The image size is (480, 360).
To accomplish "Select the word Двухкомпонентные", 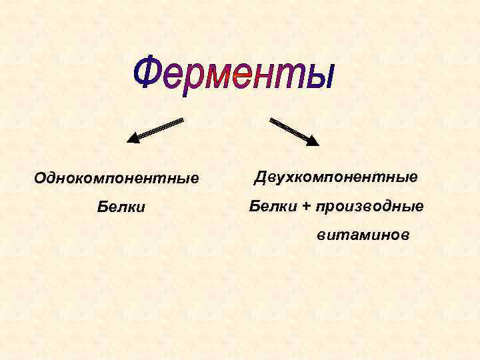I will [x=335, y=177].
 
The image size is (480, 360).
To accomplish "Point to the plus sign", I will [x=306, y=207].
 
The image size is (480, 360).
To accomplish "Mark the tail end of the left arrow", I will [x=181, y=120].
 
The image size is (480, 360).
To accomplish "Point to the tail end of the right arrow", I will [x=271, y=120].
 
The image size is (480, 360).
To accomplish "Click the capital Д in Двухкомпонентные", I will [x=257, y=177].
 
